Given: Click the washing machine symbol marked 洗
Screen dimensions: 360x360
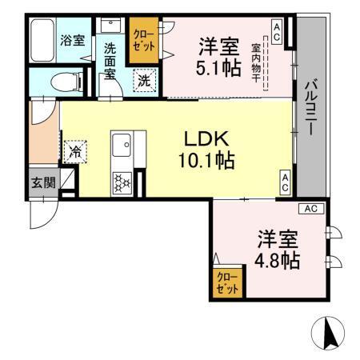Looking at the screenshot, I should pyautogui.click(x=144, y=80).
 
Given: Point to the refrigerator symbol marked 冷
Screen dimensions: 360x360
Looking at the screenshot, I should pyautogui.click(x=76, y=150).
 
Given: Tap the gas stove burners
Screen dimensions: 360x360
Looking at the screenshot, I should pyautogui.click(x=123, y=182).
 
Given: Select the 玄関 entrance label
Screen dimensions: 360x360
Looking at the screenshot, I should pyautogui.click(x=43, y=182).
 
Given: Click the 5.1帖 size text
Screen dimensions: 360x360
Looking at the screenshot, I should pyautogui.click(x=217, y=67).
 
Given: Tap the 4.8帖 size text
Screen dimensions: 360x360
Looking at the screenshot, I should pyautogui.click(x=278, y=260).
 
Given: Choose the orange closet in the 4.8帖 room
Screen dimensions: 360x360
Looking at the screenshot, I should pyautogui.click(x=228, y=282).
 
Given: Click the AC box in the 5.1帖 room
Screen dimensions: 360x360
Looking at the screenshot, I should pyautogui.click(x=275, y=32).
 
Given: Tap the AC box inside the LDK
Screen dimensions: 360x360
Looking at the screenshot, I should pyautogui.click(x=284, y=182).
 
